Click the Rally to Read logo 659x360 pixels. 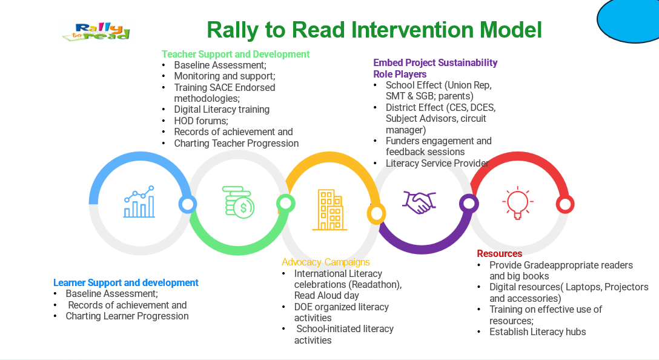[97, 32]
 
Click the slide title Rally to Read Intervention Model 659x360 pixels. [374, 30]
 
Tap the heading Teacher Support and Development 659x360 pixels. [236, 55]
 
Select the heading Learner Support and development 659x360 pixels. [125, 282]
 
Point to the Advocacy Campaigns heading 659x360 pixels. [326, 262]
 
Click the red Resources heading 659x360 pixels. [499, 253]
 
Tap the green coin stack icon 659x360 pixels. [238, 202]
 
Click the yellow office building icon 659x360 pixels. [330, 210]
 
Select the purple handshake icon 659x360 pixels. [419, 202]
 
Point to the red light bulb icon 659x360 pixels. [518, 202]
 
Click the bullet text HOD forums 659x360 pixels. [201, 121]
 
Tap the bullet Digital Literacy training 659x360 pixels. [222, 109]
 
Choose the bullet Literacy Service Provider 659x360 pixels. [437, 163]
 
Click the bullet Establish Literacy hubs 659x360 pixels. [537, 332]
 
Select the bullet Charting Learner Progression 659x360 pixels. [127, 316]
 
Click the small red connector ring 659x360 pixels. [565, 204]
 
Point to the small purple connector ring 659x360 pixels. [469, 204]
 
